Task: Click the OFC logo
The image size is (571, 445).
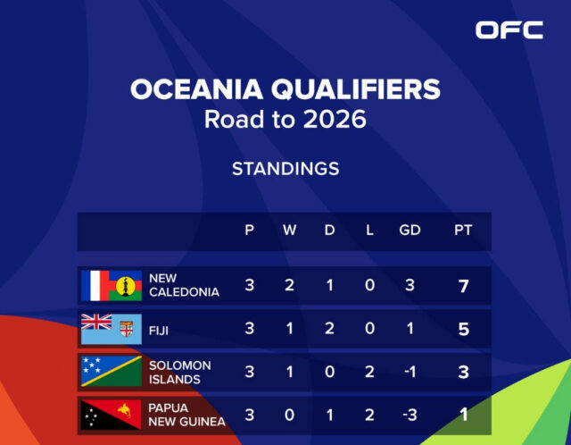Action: tap(509, 29)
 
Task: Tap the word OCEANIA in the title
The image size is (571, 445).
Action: tap(196, 89)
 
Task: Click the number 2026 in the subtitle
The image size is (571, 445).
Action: tap(335, 119)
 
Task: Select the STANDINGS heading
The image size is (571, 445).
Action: tap(285, 169)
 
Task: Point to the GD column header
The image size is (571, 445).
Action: tap(410, 231)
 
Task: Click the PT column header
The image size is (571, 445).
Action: tap(463, 231)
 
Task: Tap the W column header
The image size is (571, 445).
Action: tap(289, 231)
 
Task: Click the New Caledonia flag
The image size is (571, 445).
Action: tap(111, 286)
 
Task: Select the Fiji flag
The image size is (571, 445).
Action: tap(111, 329)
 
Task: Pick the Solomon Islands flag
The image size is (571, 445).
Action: tap(111, 371)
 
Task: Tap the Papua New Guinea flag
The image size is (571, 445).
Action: tap(111, 415)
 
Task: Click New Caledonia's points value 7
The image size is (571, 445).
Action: tap(464, 286)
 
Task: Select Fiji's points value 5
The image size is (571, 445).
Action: tap(464, 330)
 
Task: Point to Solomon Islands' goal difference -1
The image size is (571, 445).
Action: tap(410, 372)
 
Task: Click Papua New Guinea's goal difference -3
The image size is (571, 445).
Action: tap(410, 416)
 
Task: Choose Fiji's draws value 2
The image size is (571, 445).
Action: tap(329, 329)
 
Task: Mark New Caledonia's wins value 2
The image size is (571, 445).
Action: tap(289, 285)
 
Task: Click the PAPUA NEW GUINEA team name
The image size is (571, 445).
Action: tap(186, 415)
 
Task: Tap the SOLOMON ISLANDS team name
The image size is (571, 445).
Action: tap(180, 373)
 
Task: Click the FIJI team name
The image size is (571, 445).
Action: tap(159, 331)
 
